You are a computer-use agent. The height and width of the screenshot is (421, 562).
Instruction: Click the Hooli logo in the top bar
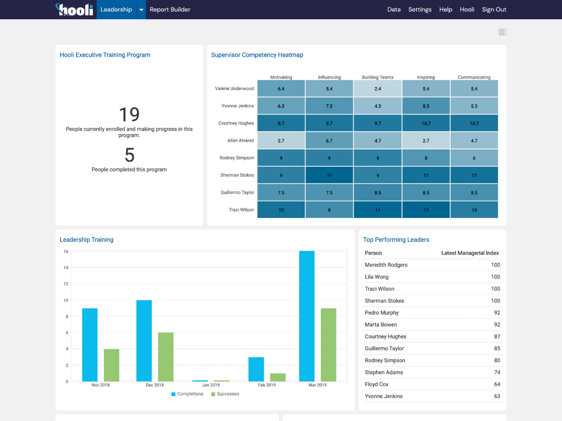(x=75, y=9)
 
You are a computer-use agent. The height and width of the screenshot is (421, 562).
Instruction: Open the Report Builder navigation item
(x=170, y=9)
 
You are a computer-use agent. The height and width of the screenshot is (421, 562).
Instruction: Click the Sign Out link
(x=494, y=9)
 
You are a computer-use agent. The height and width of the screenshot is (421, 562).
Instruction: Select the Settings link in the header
(x=419, y=9)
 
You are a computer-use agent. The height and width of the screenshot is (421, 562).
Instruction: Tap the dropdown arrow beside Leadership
(x=141, y=10)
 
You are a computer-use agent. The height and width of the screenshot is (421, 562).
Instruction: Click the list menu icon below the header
(x=502, y=32)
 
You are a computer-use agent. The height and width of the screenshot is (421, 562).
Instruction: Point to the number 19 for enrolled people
(x=129, y=114)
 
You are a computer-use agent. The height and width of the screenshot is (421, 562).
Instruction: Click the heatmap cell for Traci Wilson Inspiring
(x=426, y=210)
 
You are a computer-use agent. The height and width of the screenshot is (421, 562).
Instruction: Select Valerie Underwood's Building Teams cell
(x=378, y=89)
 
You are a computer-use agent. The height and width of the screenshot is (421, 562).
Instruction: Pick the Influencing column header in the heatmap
(x=329, y=77)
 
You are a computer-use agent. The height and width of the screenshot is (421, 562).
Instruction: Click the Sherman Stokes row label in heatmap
(x=237, y=175)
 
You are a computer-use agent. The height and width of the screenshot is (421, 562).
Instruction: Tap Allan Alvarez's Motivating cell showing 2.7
(x=281, y=141)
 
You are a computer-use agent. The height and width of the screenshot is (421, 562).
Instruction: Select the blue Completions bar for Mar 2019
(x=307, y=316)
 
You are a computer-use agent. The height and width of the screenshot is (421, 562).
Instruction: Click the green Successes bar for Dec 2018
(x=166, y=357)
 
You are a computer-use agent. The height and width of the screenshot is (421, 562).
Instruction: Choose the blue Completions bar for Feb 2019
(x=256, y=369)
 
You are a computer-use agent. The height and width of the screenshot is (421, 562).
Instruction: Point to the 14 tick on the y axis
(x=66, y=268)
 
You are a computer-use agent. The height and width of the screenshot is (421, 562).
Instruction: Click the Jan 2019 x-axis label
(x=211, y=385)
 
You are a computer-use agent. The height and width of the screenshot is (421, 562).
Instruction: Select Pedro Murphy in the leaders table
(x=381, y=313)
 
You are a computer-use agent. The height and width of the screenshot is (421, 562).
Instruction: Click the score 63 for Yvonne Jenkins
(x=497, y=396)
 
